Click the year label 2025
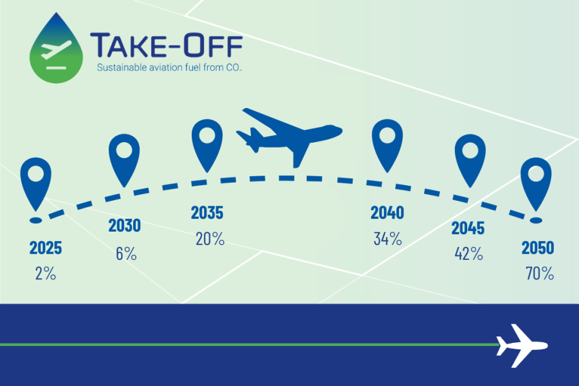pyautogui.click(x=46, y=248)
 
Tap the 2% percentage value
pyautogui.click(x=46, y=273)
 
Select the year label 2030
pyautogui.click(x=124, y=226)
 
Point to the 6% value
pyautogui.click(x=126, y=253)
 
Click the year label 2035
pyautogui.click(x=207, y=213)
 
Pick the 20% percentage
pyautogui.click(x=210, y=239)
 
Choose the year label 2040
pyautogui.click(x=387, y=213)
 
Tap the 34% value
pyautogui.click(x=388, y=239)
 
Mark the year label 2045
pyautogui.click(x=468, y=228)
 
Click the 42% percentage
pyautogui.click(x=468, y=253)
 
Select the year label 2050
pyautogui.click(x=538, y=248)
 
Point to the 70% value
pyautogui.click(x=540, y=273)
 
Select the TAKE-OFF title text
pyautogui.click(x=166, y=45)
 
